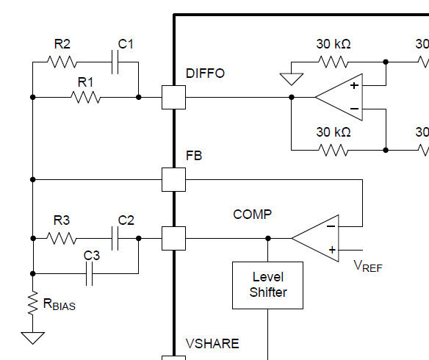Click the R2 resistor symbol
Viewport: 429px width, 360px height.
62,62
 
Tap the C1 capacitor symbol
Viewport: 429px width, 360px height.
115,62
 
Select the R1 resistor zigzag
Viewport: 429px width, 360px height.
86,97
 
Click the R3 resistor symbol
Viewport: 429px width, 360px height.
62,238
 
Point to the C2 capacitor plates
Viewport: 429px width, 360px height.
115,238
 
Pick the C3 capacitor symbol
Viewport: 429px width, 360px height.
89,273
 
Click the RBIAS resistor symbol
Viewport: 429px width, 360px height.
33,303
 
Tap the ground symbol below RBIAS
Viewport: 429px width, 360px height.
33,338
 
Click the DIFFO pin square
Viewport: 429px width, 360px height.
174,98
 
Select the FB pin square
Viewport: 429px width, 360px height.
174,180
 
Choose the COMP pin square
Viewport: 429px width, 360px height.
174,238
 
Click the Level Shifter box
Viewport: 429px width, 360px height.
268,285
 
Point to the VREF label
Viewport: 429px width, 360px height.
368,266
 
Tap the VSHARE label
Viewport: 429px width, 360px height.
212,344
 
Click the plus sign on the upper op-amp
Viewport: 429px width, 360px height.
354,86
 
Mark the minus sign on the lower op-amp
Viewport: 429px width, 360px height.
331,226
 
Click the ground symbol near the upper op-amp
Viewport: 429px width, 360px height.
292,79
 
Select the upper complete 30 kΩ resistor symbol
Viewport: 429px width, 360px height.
334,62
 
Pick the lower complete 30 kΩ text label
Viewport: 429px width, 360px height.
334,132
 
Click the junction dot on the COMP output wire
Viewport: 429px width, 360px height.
268,238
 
